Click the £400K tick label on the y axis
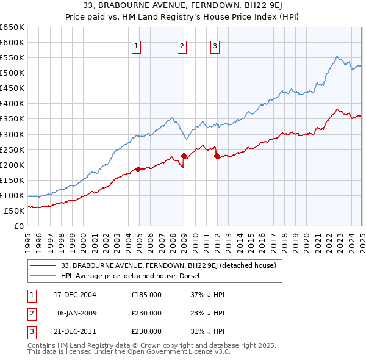click(12, 103)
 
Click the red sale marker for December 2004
click(138, 169)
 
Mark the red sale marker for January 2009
click(184, 155)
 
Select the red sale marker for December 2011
click(217, 155)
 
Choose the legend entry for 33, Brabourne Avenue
click(169, 265)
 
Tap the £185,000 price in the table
click(146, 295)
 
